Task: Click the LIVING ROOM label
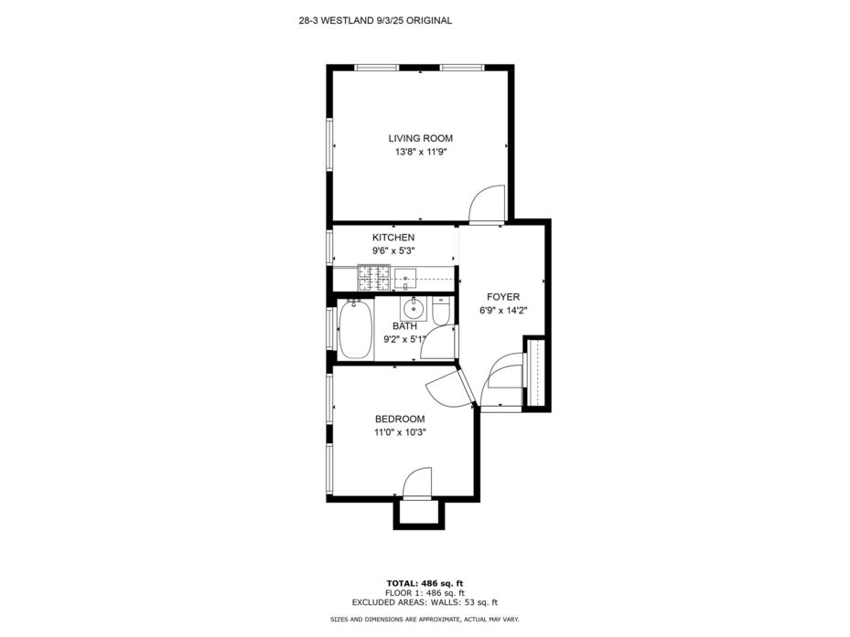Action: pos(420,138)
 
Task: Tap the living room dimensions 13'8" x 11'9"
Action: pos(420,153)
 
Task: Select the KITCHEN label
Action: pos(393,238)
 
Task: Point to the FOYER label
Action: pos(503,297)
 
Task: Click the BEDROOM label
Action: pos(400,419)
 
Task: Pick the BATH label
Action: pos(404,326)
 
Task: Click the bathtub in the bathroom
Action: pos(355,330)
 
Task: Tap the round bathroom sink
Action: pos(414,309)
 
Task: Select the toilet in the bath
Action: pos(441,311)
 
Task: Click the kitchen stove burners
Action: pos(373,278)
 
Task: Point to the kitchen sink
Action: pos(405,279)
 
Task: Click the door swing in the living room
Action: pos(487,204)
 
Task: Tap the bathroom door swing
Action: pos(437,343)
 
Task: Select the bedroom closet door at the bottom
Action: pos(417,482)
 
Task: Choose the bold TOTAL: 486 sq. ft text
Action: pos(425,583)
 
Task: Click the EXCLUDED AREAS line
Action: pos(425,601)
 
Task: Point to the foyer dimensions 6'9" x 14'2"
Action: pos(503,311)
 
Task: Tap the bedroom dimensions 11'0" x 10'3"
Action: pos(400,433)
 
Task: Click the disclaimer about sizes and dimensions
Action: pos(425,619)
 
